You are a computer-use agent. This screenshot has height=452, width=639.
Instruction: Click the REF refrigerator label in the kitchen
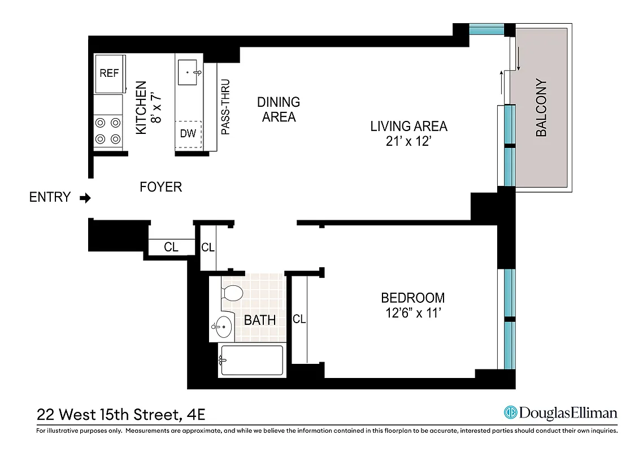point(109,73)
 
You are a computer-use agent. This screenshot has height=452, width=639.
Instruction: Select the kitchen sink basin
point(188,73)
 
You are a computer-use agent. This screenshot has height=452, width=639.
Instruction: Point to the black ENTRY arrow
point(85,198)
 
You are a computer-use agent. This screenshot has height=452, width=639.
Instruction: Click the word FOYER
point(161,187)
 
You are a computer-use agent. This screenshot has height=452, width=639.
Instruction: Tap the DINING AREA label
point(279,110)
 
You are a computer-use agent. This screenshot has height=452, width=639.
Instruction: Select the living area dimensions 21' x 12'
point(408,141)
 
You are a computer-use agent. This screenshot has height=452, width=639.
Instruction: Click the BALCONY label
point(541,107)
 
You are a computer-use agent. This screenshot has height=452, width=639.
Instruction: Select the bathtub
point(251,360)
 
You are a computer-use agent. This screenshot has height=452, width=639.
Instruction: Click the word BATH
point(260,320)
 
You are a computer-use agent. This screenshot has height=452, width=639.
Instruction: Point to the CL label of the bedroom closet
point(299,319)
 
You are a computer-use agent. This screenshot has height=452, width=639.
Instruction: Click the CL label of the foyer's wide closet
point(171,247)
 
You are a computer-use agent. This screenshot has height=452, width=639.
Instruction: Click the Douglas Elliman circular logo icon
point(511,413)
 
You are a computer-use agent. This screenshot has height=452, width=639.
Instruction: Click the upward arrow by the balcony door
point(501,82)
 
